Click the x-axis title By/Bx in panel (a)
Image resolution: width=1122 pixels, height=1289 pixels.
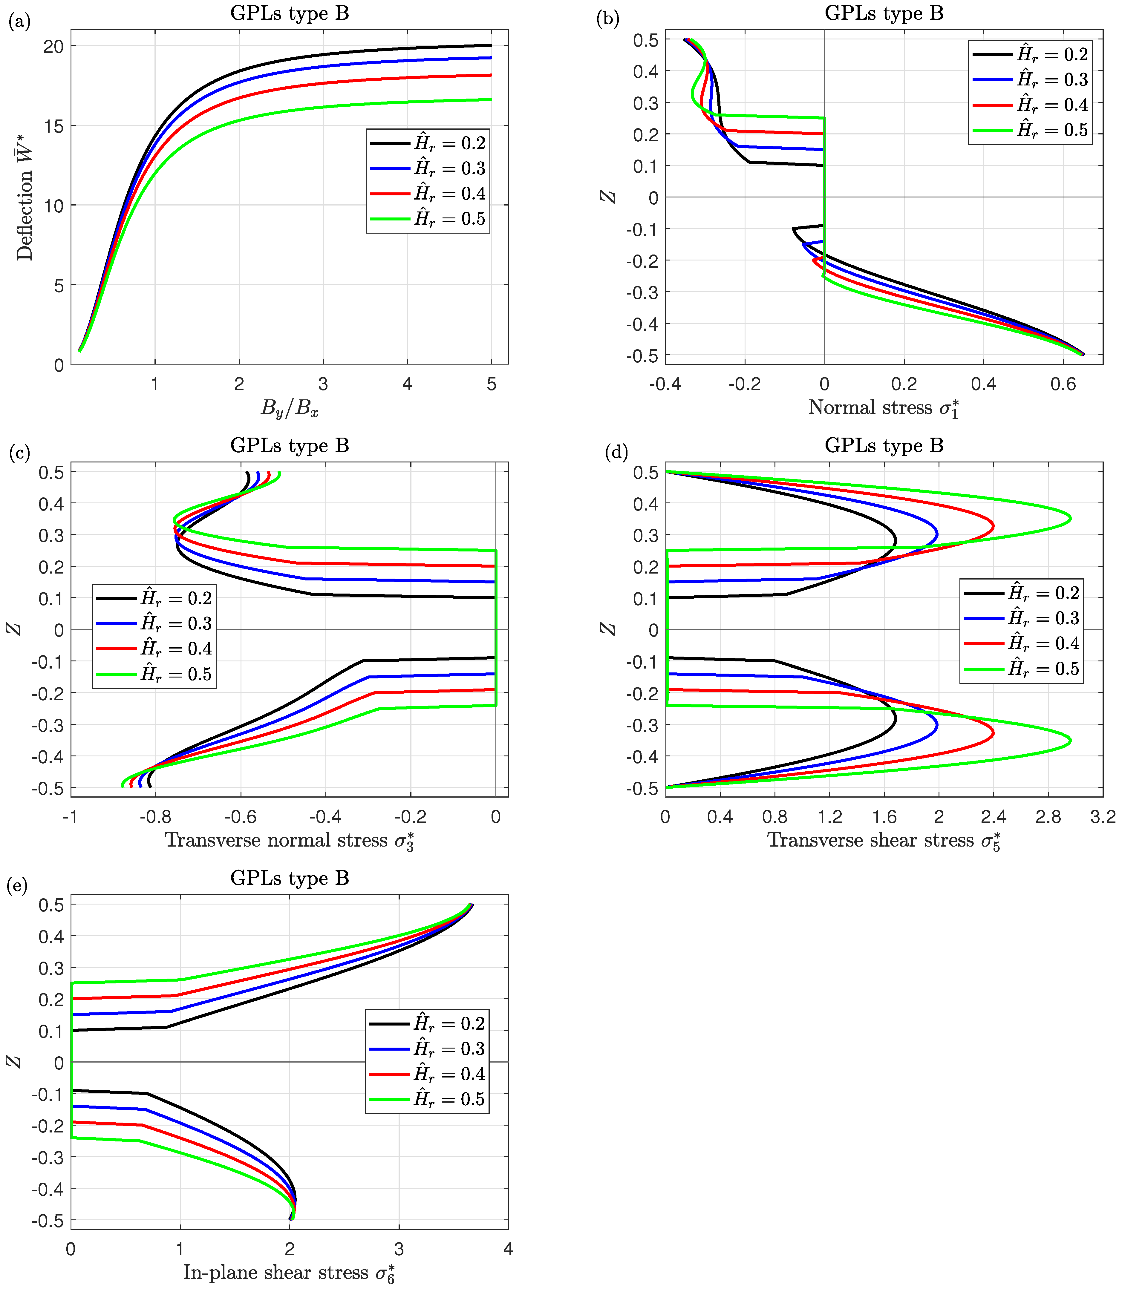click(289, 408)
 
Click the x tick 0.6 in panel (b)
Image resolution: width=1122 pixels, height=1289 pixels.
click(1063, 384)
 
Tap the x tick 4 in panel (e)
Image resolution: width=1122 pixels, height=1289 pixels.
click(508, 1249)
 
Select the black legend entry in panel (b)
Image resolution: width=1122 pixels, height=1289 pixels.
click(1030, 54)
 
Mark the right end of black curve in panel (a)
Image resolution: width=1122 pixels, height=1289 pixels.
click(491, 45)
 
